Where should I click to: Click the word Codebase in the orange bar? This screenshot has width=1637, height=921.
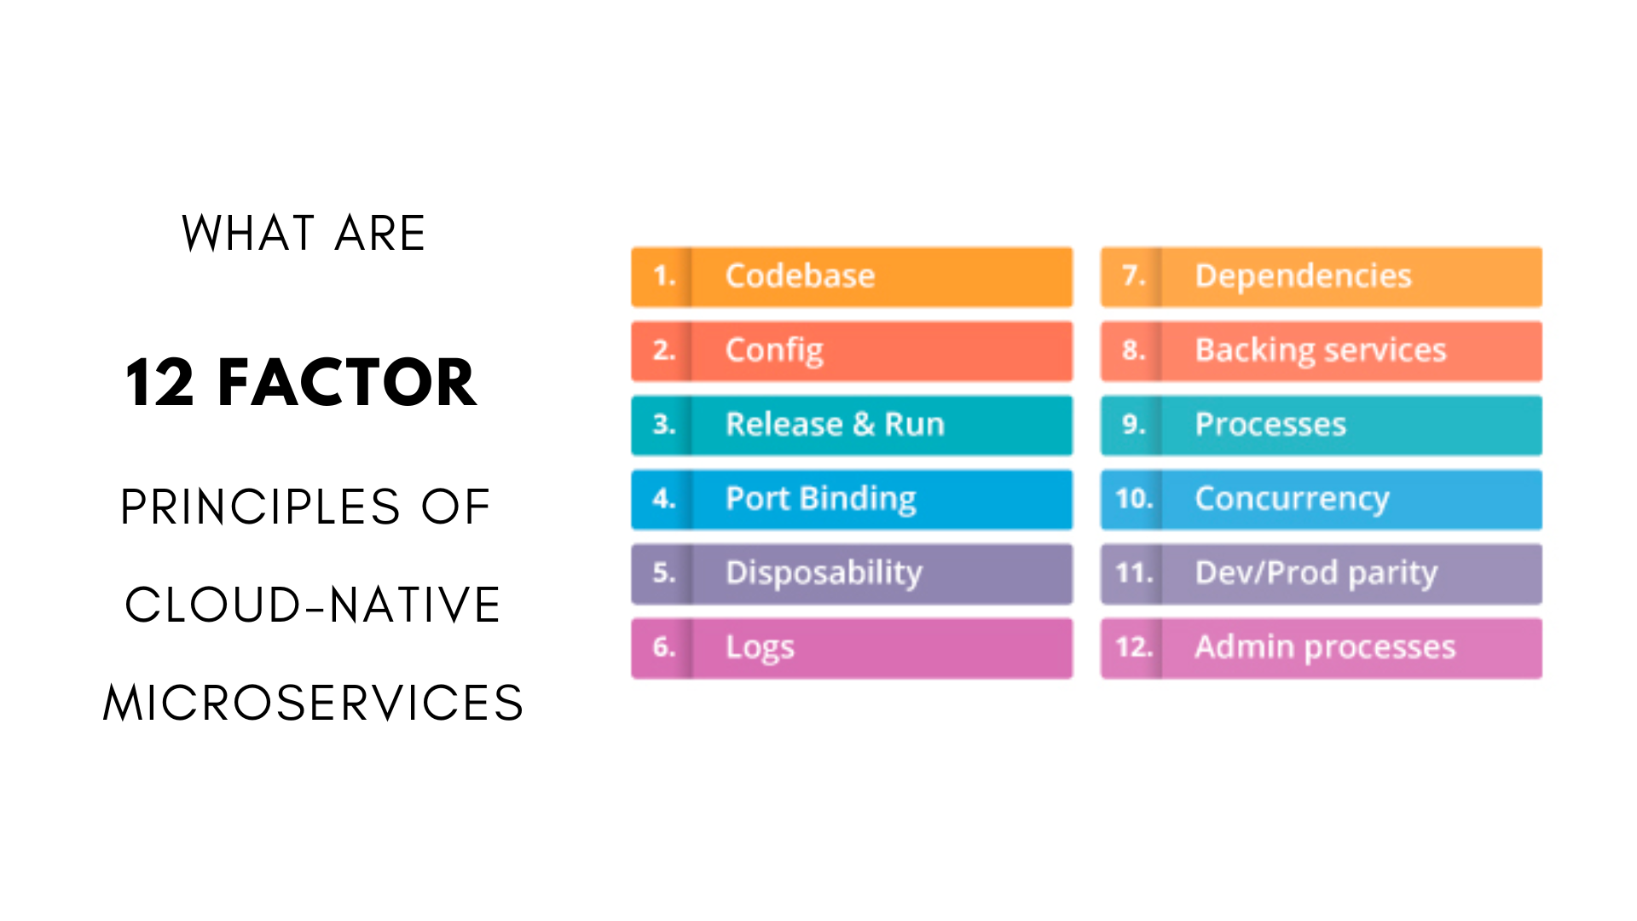pyautogui.click(x=800, y=275)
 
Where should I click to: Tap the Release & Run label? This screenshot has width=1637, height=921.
pyautogui.click(x=835, y=424)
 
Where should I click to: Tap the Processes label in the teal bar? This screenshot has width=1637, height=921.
pyautogui.click(x=1270, y=424)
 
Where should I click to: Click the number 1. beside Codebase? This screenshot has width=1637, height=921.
pyautogui.click(x=664, y=275)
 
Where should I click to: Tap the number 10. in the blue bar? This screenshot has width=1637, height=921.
pyautogui.click(x=1134, y=498)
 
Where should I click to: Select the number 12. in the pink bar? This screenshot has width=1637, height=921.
pyautogui.click(x=1134, y=646)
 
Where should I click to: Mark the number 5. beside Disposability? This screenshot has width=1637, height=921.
pyautogui.click(x=664, y=572)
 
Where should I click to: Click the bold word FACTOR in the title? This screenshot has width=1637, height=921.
pyautogui.click(x=347, y=382)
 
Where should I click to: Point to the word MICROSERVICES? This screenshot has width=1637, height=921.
pyautogui.click(x=313, y=703)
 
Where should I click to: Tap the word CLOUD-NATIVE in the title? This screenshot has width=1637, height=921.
pyautogui.click(x=312, y=605)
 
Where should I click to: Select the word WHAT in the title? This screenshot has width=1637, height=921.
pyautogui.click(x=248, y=233)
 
